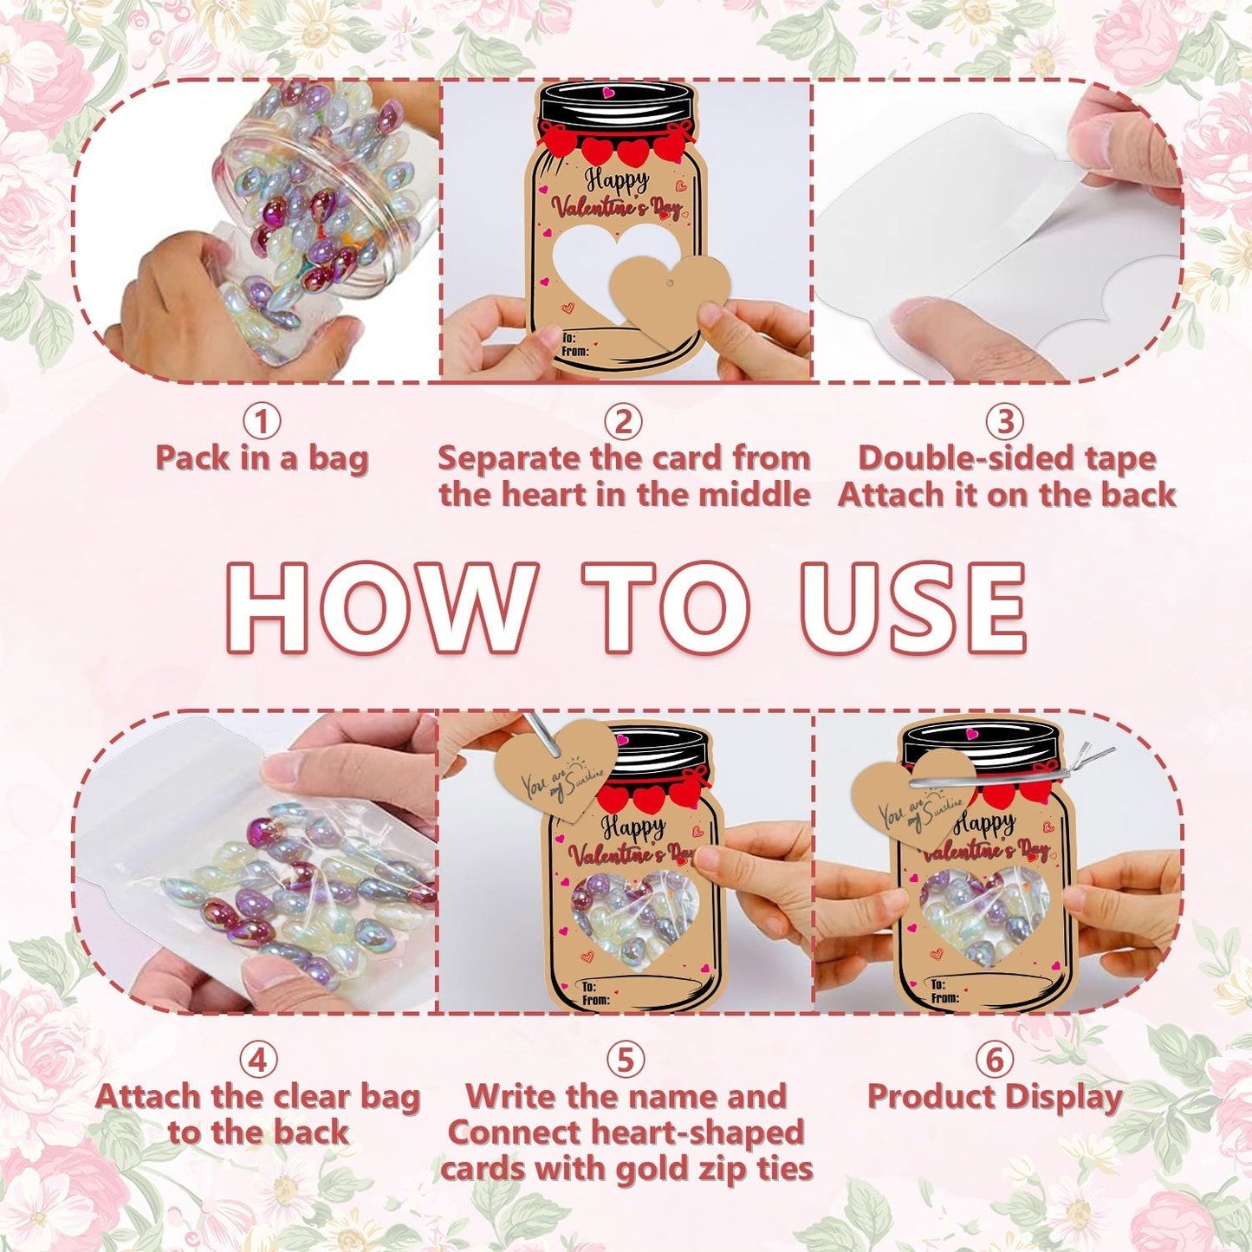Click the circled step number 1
pyautogui.click(x=262, y=422)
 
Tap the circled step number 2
pyautogui.click(x=624, y=422)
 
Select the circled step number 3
pyautogui.click(x=1005, y=422)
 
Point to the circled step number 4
pyautogui.click(x=257, y=1060)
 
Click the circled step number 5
pyautogui.click(x=625, y=1060)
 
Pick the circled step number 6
pyautogui.click(x=994, y=1060)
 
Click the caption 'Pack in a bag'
pyautogui.click(x=262, y=458)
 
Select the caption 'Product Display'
pyautogui.click(x=995, y=1097)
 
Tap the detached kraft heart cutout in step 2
pyautogui.click(x=670, y=294)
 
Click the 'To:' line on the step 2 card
pyautogui.click(x=568, y=338)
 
